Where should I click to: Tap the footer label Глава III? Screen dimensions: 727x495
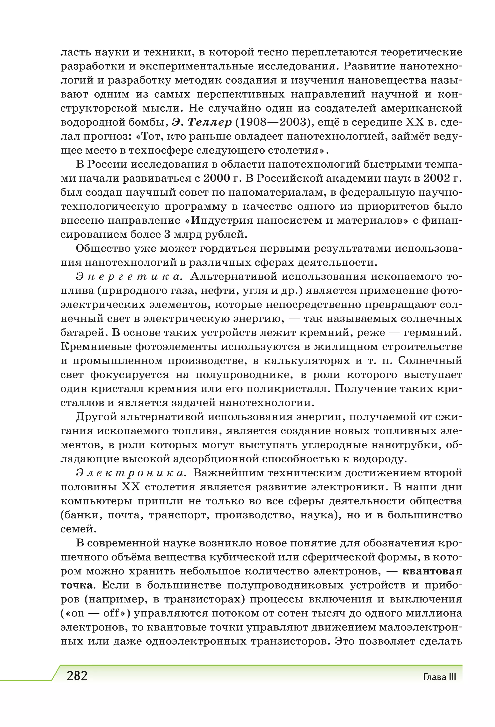pyautogui.click(x=439, y=677)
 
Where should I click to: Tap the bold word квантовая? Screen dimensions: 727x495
pyautogui.click(x=432, y=571)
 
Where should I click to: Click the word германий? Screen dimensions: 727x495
pyautogui.click(x=433, y=333)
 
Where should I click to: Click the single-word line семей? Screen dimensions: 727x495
pyautogui.click(x=78, y=529)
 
